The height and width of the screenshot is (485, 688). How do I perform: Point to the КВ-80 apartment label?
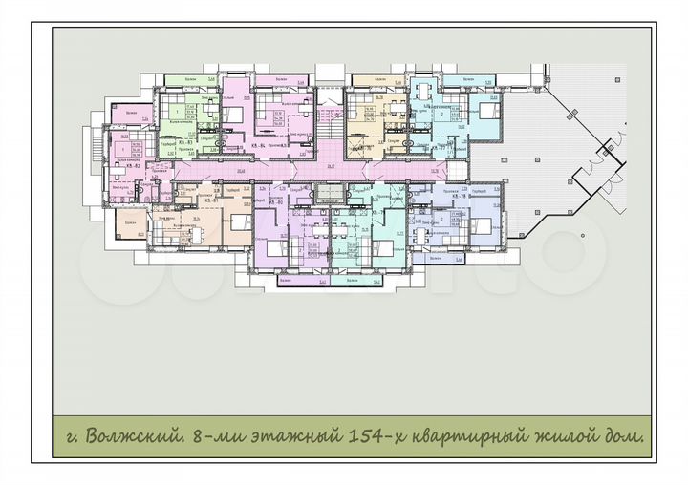pos(277,202)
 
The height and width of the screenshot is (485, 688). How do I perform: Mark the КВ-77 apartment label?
pos(441,148)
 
